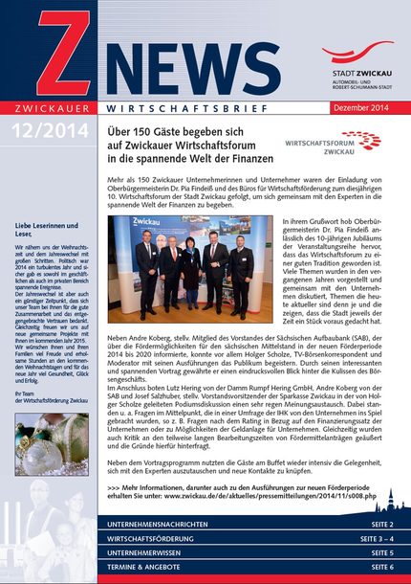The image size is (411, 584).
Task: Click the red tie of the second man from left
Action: tap(172, 264)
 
